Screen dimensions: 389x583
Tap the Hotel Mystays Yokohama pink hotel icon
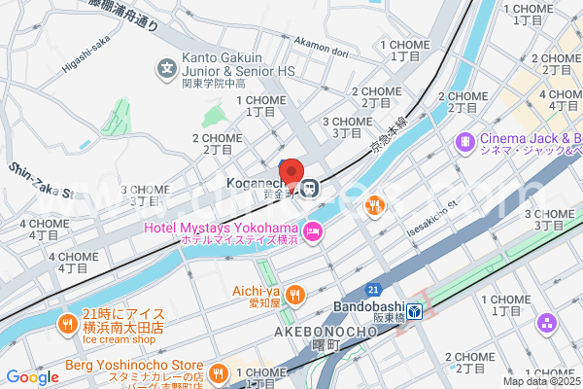point(313,231)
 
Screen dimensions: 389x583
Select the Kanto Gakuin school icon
point(166,69)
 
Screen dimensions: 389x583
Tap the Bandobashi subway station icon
point(414,311)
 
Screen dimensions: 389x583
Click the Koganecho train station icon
point(309,186)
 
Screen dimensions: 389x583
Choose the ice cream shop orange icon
point(67,323)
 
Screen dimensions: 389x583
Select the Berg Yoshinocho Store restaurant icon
point(220,371)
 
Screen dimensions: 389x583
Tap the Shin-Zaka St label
point(41,182)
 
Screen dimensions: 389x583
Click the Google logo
point(32,377)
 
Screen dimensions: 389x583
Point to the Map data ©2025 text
point(541,380)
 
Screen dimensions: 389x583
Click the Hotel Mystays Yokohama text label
point(219,228)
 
